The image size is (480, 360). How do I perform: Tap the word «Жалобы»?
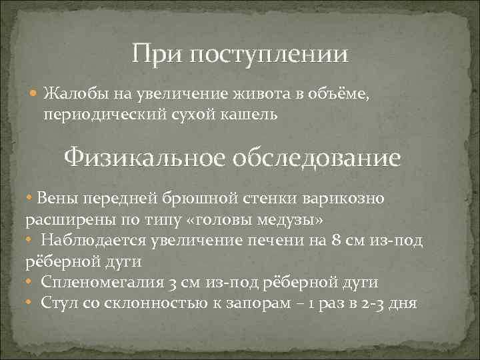pyautogui.click(x=70, y=93)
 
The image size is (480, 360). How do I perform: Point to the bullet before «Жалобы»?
pyautogui.click(x=35, y=94)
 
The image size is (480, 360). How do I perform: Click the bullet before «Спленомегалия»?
pyautogui.click(x=29, y=283)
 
